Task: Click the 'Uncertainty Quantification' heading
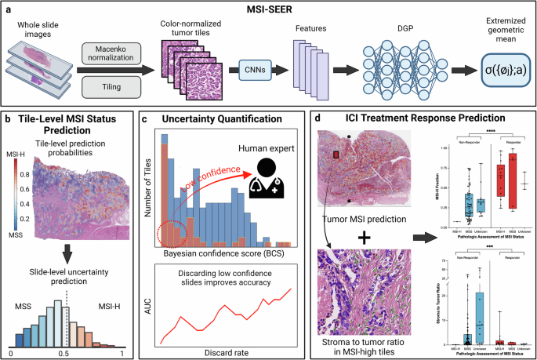point(220,118)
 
